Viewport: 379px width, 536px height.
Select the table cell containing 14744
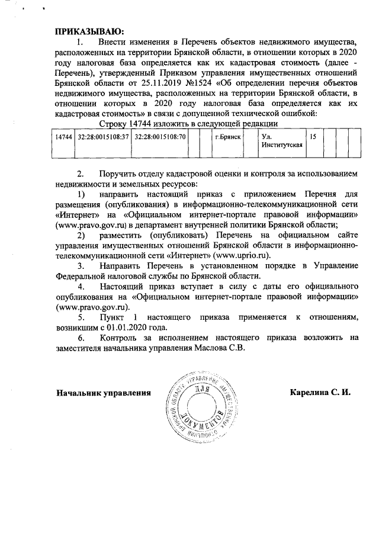63,137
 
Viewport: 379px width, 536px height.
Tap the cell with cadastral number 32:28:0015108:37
104,137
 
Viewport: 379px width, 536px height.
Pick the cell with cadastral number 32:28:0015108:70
159,137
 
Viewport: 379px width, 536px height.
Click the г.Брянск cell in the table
229,137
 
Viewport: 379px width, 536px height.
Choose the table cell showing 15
314,137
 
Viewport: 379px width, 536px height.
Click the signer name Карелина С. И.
320,393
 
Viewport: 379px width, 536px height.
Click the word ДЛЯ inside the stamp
201,390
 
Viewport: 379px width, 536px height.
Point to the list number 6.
81,338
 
